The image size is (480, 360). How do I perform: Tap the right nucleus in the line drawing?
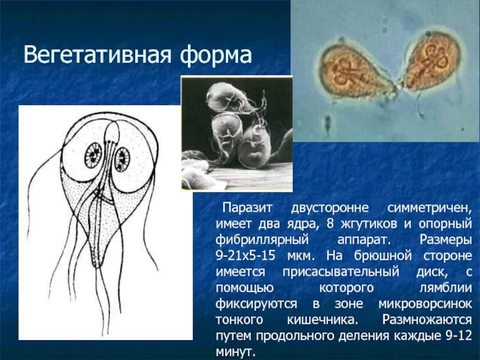tap(122, 158)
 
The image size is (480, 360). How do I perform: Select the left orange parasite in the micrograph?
tap(353, 71)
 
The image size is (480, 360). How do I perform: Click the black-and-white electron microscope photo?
tap(236, 133)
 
